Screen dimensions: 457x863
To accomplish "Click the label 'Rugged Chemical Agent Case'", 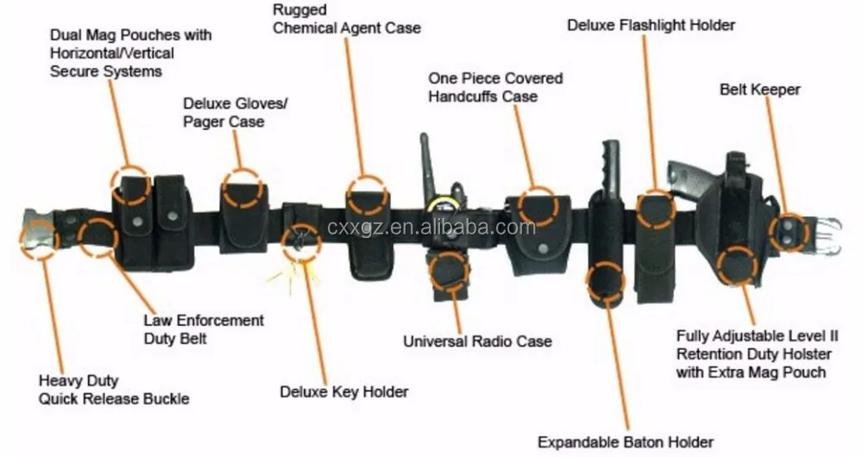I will click(346, 19).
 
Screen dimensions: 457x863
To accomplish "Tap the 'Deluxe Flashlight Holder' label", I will click(651, 25).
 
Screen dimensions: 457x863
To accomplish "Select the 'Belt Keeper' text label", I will click(759, 89).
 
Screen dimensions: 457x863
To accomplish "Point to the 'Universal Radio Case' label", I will click(477, 341).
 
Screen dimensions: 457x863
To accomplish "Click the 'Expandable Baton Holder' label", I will click(626, 442).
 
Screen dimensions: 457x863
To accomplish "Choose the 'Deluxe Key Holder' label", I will click(343, 391).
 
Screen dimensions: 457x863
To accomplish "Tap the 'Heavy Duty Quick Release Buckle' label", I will click(113, 389).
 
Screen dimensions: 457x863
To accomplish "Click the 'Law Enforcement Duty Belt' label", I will click(204, 329).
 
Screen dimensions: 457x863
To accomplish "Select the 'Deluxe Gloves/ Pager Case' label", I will click(235, 113).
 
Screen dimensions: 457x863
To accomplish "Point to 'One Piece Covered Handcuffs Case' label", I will click(494, 87).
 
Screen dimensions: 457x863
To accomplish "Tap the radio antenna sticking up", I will click(425, 164).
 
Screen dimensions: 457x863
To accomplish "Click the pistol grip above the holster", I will click(690, 177).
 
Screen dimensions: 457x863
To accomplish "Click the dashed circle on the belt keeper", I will click(789, 231).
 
